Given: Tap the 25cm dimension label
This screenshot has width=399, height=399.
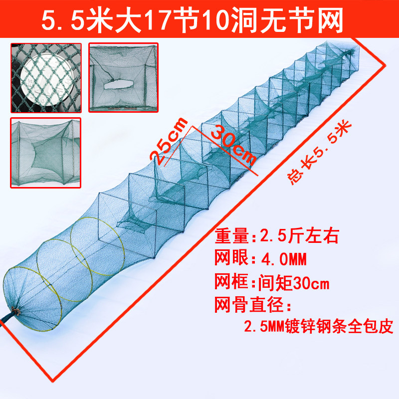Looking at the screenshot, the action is (x=170, y=141).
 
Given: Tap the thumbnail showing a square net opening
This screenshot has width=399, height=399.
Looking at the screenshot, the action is (x=123, y=77).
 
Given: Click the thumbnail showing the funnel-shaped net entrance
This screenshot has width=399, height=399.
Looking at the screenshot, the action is (x=45, y=152).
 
